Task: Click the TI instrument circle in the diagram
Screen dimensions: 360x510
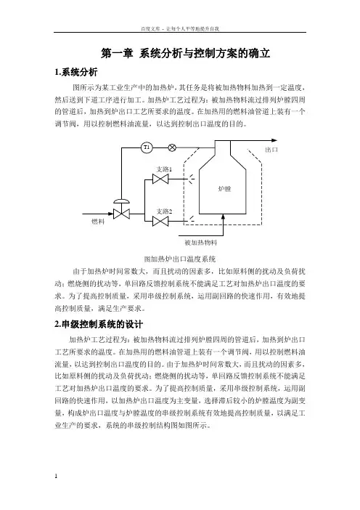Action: (x=147, y=147)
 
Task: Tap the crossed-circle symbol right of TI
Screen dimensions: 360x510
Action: (x=172, y=147)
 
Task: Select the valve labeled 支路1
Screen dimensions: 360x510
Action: (x=160, y=179)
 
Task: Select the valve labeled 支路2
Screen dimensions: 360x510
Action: (x=160, y=221)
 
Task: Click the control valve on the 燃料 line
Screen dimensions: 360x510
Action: (x=121, y=210)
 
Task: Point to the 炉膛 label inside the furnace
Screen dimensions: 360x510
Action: (x=224, y=189)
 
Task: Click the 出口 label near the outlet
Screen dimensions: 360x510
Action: (x=271, y=150)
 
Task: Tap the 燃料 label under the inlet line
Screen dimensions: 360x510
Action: (x=98, y=222)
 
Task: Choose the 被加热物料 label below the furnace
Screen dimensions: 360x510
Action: (x=201, y=243)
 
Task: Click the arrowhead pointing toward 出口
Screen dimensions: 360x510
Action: (x=274, y=140)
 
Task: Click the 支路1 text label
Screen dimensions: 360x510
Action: (x=164, y=169)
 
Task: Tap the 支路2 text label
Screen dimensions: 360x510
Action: (x=164, y=211)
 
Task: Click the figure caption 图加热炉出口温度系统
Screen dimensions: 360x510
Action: (x=180, y=259)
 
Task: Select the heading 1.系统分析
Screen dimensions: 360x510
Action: (x=76, y=72)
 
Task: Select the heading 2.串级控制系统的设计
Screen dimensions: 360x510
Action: (x=99, y=324)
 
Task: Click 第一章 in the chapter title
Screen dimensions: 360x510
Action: (x=117, y=53)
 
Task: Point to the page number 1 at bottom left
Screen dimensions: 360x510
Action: (x=56, y=476)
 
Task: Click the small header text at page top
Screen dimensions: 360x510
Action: (x=180, y=28)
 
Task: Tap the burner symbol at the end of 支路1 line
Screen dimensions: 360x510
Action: (x=192, y=179)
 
